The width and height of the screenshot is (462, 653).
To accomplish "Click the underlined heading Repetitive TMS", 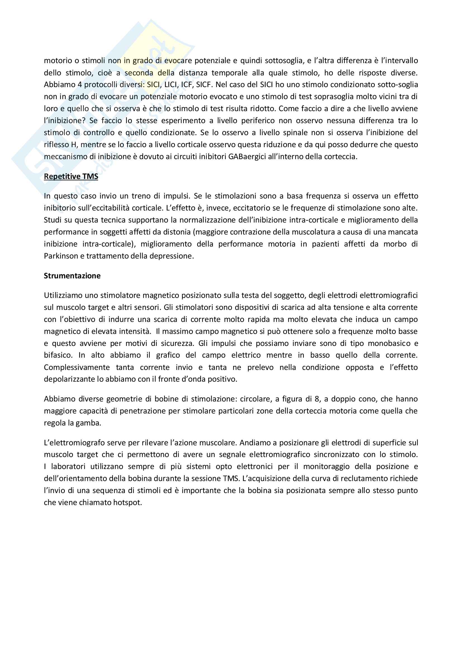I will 71,176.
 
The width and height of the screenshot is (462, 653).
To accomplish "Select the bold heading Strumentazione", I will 72,276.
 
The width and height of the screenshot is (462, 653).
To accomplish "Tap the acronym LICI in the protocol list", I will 171,85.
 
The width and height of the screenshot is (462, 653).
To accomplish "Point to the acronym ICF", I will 186,85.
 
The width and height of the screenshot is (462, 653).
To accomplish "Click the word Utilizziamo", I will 63,295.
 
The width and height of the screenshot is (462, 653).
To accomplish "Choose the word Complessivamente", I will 77,367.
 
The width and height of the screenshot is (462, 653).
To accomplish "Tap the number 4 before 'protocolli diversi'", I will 80,85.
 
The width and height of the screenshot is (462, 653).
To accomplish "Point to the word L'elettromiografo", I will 76,442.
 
